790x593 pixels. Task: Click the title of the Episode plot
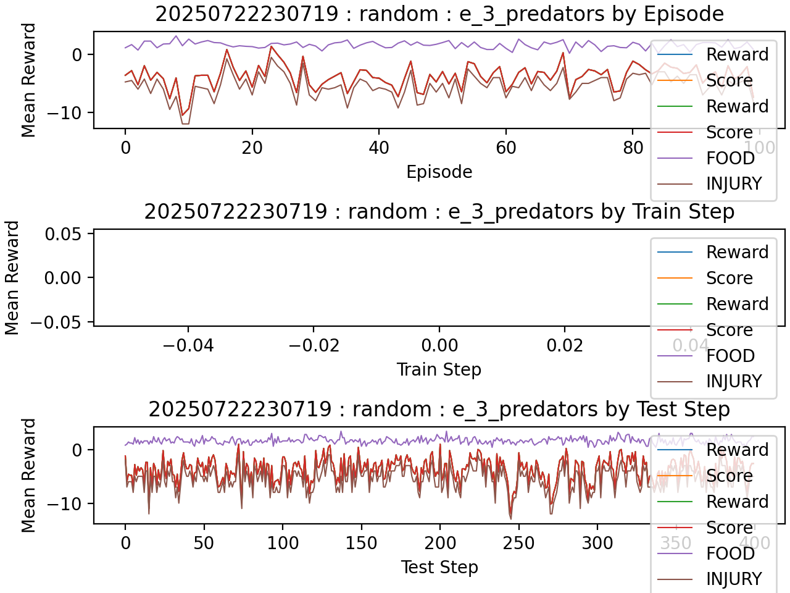pos(439,14)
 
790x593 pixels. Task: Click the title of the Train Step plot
pos(439,211)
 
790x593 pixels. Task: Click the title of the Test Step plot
pos(439,409)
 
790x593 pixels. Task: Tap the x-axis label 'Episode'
pos(439,172)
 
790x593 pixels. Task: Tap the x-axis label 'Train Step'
pos(439,369)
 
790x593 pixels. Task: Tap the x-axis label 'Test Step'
pos(439,567)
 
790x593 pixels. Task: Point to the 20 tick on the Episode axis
pos(252,148)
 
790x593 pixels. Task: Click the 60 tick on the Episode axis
pos(505,148)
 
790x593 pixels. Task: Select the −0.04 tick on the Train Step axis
pos(188,345)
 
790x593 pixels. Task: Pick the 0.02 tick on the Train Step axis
pos(565,345)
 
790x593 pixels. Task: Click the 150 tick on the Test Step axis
pos(361,543)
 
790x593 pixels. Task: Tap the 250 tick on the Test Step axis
pos(518,543)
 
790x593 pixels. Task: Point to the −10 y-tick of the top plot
pos(60,112)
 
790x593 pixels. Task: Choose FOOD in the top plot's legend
pos(731,158)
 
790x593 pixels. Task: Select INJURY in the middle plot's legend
pos(734,381)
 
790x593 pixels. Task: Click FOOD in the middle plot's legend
pos(731,356)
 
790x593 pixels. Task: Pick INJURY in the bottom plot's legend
pos(734,579)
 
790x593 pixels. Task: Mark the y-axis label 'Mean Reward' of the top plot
pos(28,80)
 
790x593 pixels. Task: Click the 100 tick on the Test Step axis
pos(283,543)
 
